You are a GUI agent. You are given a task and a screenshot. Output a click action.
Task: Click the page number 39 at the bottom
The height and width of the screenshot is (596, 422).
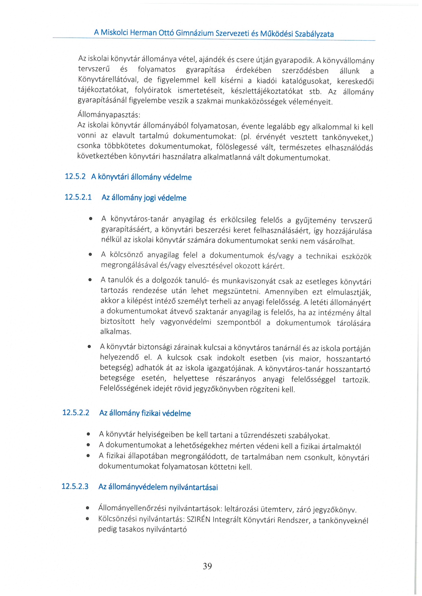[x=207, y=566]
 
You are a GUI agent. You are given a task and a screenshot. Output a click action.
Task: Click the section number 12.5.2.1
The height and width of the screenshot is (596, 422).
[x=78, y=197]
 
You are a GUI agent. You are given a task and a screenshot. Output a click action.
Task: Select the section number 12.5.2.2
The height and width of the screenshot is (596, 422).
[x=76, y=413]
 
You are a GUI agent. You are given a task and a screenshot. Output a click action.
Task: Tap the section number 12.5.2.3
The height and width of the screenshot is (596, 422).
[x=75, y=486]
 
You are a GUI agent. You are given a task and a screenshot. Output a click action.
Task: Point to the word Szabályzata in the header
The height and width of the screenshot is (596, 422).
[x=314, y=34]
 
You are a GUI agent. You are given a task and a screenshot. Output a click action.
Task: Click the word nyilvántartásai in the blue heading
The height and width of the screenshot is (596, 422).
[x=193, y=487]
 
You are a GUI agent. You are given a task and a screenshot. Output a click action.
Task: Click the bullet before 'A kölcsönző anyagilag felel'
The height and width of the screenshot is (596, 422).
[x=90, y=255]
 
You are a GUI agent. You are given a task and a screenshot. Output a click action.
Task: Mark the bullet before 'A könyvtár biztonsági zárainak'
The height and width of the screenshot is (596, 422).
[x=89, y=346]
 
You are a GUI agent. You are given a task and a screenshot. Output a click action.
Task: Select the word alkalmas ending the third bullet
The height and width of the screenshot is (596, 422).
[x=115, y=331]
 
